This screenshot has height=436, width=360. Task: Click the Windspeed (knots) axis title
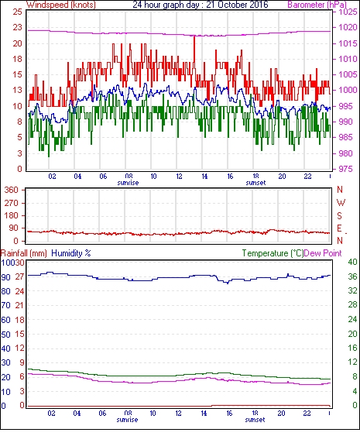61,5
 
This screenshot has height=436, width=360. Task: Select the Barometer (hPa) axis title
317,5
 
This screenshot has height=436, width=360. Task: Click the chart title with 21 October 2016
201,5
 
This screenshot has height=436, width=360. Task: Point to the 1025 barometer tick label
348,12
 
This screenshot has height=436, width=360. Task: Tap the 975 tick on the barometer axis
346,169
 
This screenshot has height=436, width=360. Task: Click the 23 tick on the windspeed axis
17,28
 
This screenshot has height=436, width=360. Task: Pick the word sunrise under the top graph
128,183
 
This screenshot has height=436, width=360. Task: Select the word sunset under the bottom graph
255,420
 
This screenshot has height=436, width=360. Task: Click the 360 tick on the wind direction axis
11,191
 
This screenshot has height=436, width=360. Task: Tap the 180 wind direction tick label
11,215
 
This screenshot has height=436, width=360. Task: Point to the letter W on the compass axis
341,202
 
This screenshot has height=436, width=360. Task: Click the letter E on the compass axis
339,228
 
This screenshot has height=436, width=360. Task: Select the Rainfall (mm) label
24,253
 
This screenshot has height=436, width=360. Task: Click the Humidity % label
71,253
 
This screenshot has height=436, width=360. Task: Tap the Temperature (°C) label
273,253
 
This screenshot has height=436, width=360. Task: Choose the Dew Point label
323,253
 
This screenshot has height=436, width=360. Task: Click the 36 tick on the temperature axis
352,276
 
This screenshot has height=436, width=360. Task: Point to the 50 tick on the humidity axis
6,335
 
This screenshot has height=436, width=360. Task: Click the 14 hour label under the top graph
204,177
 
